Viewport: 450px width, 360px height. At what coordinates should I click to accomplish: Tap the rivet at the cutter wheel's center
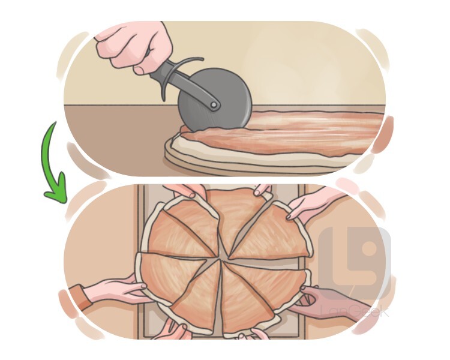(x=214, y=105)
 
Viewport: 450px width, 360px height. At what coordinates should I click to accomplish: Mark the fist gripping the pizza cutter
(x=134, y=46)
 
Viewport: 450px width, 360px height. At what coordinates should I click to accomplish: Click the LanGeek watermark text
(x=355, y=311)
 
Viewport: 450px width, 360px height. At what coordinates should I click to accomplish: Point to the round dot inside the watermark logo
(x=370, y=247)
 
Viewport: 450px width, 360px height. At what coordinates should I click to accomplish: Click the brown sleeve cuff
(x=80, y=297)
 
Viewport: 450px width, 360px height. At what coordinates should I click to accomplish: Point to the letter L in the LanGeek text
(x=324, y=311)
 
